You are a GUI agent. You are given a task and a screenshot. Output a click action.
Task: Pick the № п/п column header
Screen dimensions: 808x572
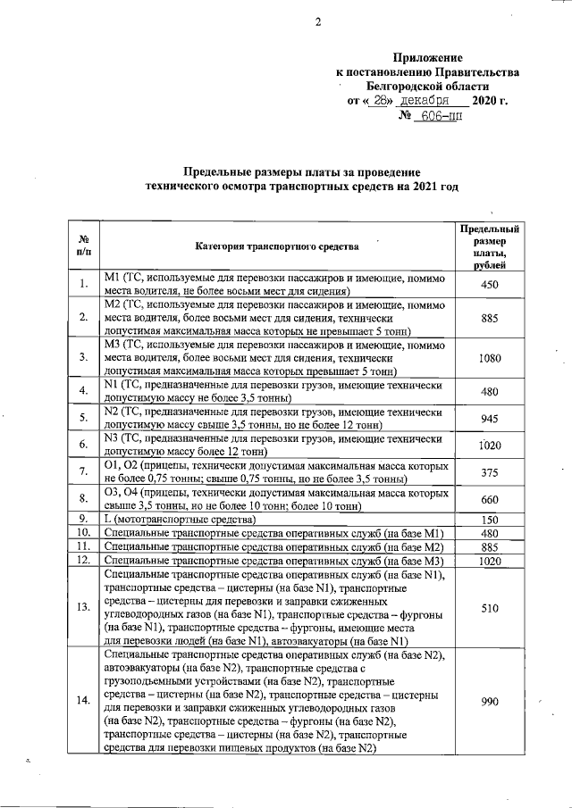click(82, 246)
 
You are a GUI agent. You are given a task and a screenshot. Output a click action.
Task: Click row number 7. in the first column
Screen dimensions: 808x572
click(82, 472)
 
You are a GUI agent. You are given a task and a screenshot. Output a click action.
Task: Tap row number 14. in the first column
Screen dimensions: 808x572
click(82, 702)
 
